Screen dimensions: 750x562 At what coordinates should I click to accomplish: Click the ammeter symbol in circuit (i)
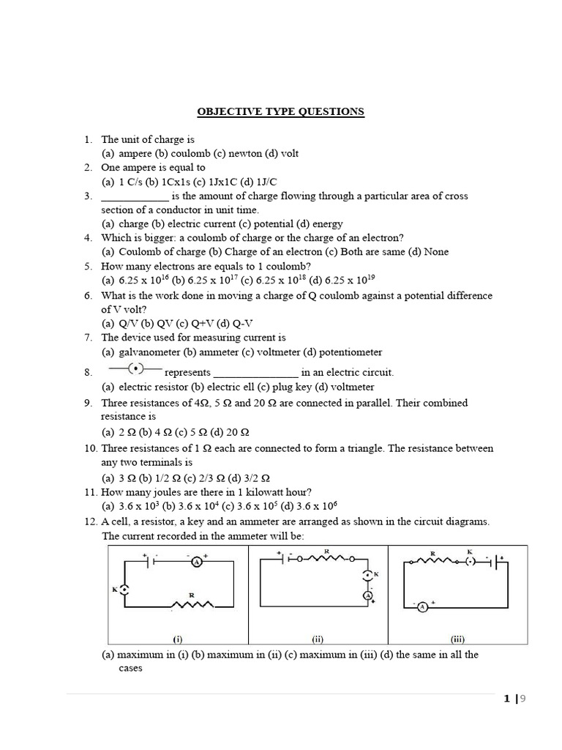[197, 562]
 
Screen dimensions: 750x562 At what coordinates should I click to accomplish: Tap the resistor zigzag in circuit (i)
[192, 604]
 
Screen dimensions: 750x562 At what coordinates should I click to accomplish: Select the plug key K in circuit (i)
[125, 589]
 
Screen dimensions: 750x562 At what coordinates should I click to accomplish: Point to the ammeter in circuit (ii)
[367, 596]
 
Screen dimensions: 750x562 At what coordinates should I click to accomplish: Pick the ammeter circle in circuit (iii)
[421, 606]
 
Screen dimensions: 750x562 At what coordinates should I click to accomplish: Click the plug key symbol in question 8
[135, 368]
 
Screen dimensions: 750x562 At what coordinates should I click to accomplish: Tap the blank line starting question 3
[135, 197]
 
